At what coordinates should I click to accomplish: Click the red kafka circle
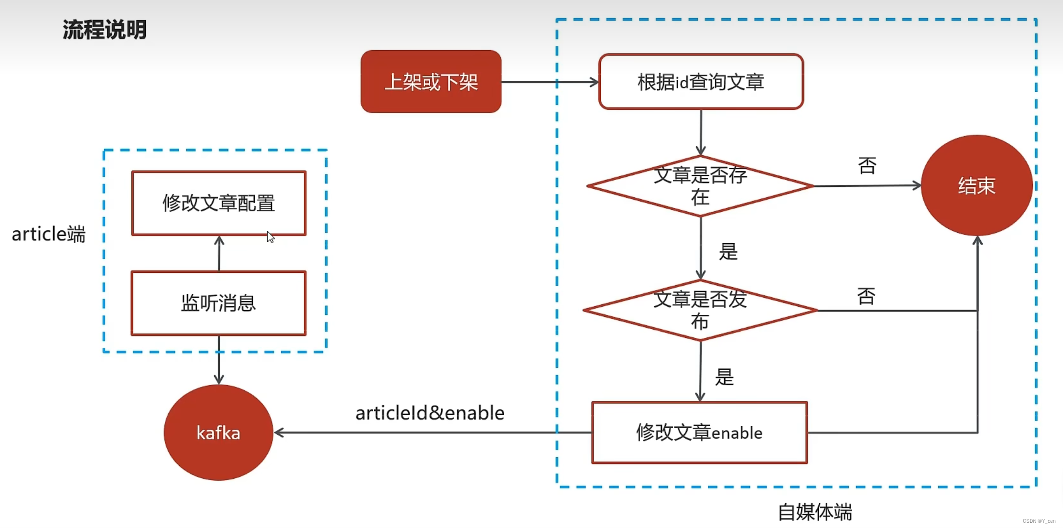coord(218,432)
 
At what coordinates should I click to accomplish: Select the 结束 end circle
coord(976,185)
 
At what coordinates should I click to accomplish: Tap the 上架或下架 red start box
coord(431,82)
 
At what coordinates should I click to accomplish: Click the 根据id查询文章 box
coord(701,82)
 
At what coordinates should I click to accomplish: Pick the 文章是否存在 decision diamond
coord(700,186)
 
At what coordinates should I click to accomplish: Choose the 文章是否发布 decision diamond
coord(700,310)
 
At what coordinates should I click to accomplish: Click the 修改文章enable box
coord(699,432)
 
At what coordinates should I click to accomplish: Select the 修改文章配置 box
coord(219,203)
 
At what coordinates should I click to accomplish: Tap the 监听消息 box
coord(219,303)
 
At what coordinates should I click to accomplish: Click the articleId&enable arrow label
coord(430,413)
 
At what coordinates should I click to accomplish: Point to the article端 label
coord(48,234)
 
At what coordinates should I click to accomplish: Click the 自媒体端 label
coord(815,512)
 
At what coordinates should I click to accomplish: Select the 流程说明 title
coord(104,30)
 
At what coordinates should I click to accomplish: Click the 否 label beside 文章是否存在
coord(867,166)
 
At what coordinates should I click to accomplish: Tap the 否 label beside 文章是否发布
coord(866,296)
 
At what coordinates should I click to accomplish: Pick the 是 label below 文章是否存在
coord(728,251)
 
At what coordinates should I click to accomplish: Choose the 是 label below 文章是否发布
coord(724,377)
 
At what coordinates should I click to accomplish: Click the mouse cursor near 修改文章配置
coord(271,237)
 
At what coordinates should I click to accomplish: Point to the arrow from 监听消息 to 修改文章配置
coord(219,253)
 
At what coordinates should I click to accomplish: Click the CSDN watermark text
coord(1039,521)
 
